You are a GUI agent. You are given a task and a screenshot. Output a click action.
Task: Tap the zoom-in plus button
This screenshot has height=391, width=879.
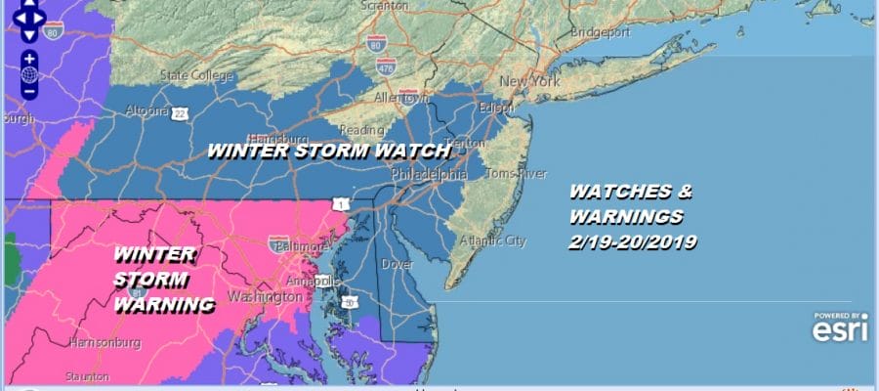(29, 59)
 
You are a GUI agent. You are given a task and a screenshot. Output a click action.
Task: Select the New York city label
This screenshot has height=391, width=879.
(529, 81)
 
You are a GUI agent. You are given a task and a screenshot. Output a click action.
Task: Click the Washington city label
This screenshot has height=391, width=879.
(265, 295)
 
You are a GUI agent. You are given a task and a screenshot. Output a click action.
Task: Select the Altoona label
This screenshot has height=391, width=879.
(147, 110)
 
